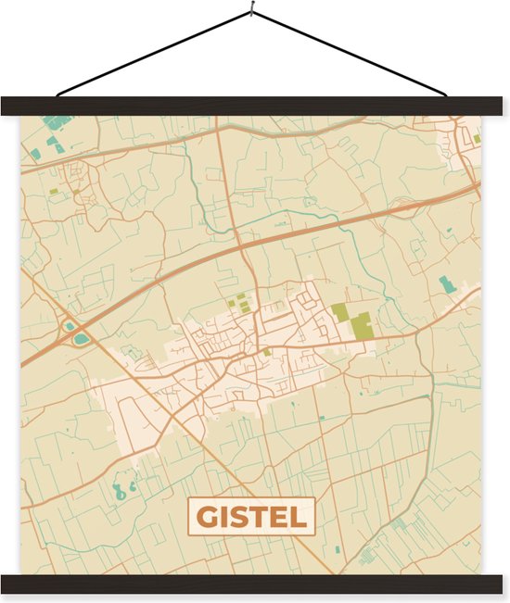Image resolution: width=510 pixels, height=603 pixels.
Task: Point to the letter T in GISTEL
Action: click(260, 517)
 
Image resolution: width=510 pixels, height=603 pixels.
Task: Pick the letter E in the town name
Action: click(280, 517)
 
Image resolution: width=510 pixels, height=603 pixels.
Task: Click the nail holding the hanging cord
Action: click(252, 12)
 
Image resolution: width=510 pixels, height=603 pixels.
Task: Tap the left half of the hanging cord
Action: click(153, 55)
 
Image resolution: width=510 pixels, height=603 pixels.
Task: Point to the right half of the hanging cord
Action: click(352, 55)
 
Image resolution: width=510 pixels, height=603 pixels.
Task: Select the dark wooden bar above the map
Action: click(255, 106)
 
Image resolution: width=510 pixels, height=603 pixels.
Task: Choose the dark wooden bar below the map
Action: click(255, 584)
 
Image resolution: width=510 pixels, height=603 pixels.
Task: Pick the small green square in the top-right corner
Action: click(477, 139)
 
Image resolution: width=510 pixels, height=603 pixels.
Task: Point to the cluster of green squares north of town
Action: click(239, 302)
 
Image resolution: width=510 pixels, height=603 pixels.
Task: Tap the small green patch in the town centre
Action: click(267, 351)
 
